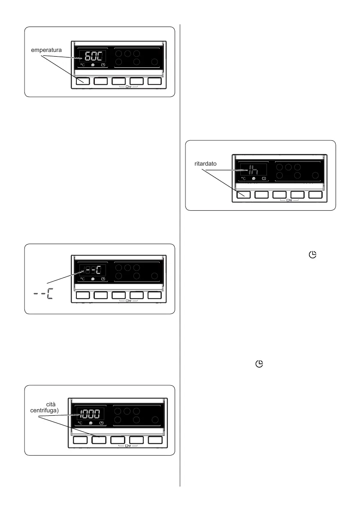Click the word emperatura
[x=46, y=50]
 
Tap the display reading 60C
[x=92, y=56]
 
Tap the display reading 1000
[x=91, y=414]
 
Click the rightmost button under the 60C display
[x=154, y=81]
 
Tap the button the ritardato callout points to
[x=243, y=194]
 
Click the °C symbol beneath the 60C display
[x=83, y=65]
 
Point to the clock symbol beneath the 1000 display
[x=102, y=423]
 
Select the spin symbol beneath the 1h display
[x=254, y=178]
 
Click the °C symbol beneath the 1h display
[x=244, y=178]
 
